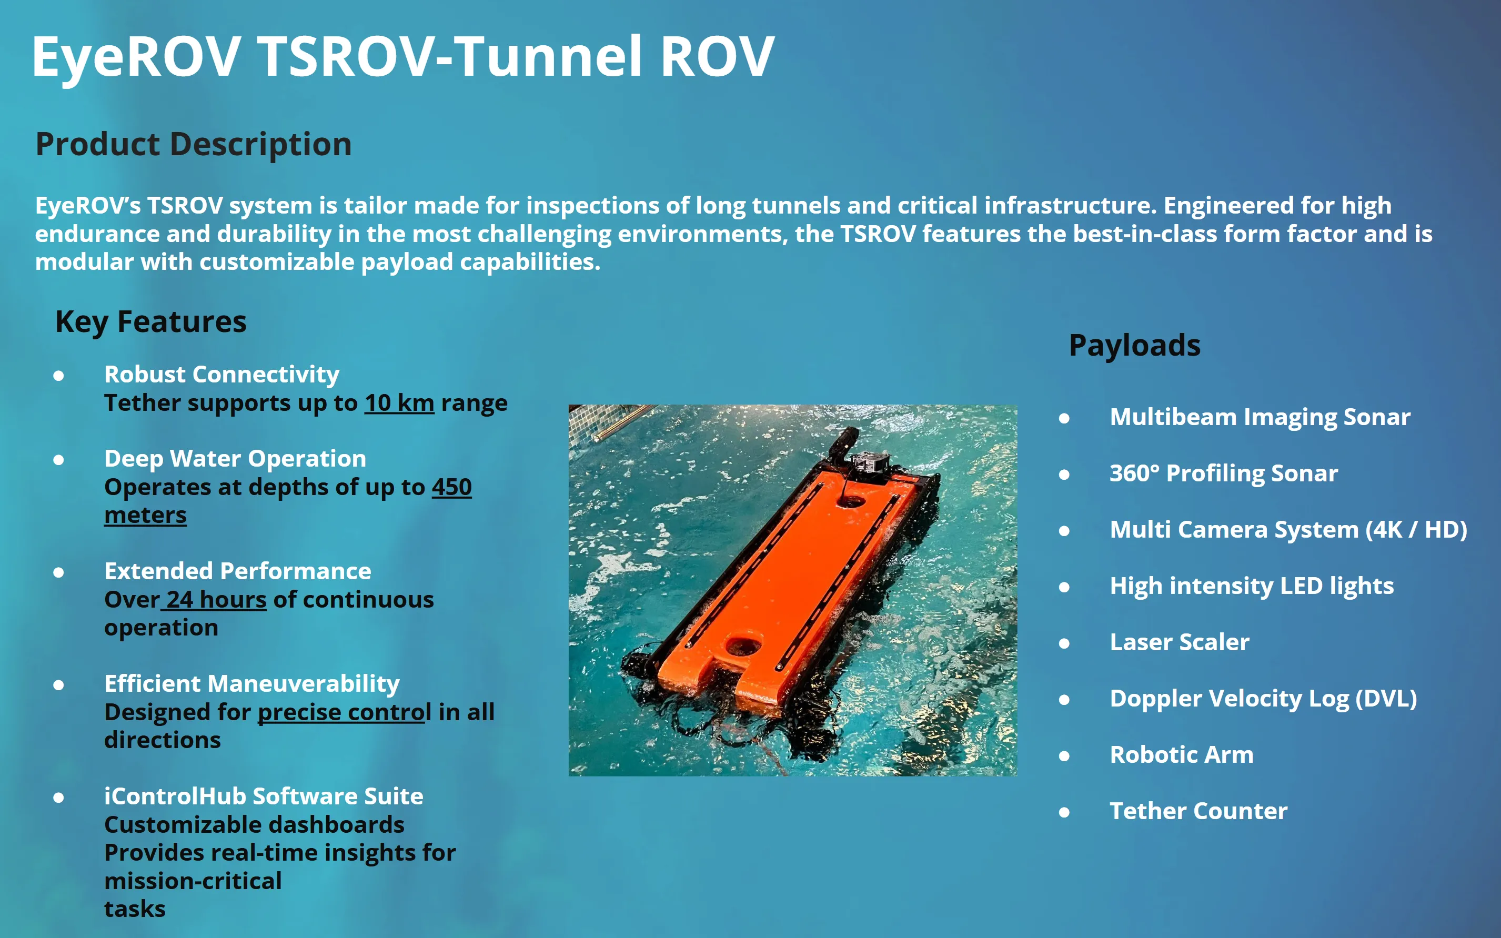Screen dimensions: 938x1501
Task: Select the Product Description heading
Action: (194, 144)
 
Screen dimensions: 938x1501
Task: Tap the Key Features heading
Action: (150, 321)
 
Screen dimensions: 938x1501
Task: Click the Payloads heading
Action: (1134, 345)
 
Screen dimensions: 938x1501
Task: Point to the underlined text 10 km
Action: (399, 404)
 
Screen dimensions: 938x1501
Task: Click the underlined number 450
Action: (451, 487)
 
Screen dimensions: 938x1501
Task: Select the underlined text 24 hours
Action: (216, 600)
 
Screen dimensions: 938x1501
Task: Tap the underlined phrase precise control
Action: (344, 712)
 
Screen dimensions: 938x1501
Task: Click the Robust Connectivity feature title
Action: (221, 374)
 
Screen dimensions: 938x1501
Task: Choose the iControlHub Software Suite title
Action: (264, 796)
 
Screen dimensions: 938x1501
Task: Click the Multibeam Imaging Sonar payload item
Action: (1260, 417)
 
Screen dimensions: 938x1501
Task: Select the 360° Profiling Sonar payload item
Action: (1223, 473)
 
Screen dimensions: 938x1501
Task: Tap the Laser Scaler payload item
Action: (1179, 642)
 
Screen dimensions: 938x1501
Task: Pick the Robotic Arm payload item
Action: (1181, 755)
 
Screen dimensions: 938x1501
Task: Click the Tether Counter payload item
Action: (1198, 811)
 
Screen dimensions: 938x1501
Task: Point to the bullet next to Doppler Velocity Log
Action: (1064, 700)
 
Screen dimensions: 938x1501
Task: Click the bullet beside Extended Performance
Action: (58, 572)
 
